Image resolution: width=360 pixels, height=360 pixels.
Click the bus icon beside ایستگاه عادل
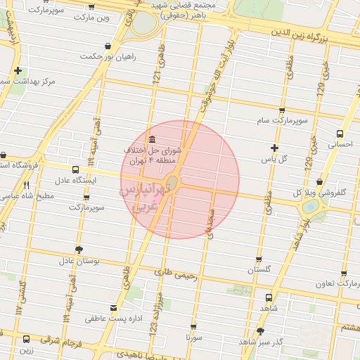75,169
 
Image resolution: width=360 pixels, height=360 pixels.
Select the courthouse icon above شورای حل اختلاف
153,137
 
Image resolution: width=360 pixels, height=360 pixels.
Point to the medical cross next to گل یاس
274,148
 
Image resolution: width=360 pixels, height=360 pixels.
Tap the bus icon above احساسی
340,131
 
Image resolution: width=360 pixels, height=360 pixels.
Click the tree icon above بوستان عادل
78,250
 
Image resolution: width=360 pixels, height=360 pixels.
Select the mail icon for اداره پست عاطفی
114,307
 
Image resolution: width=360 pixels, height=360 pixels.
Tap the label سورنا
193,337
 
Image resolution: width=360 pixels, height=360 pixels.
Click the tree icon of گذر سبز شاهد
261,330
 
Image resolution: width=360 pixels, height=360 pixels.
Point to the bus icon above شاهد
269,297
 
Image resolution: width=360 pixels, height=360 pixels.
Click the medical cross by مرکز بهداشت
18,70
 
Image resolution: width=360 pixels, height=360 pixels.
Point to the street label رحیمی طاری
174,270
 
